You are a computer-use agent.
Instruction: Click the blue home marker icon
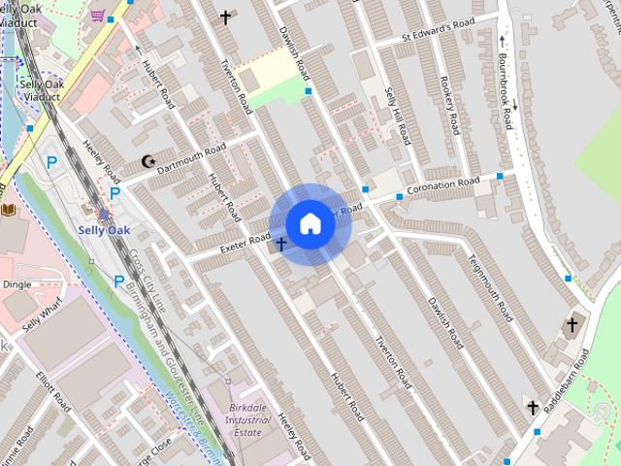tap(310, 224)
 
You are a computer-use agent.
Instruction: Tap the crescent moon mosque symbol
tap(147, 161)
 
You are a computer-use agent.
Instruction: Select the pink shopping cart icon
tap(97, 15)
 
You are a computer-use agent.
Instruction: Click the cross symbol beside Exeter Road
tap(281, 244)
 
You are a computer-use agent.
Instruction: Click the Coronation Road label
tap(442, 185)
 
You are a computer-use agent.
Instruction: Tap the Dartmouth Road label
tap(191, 156)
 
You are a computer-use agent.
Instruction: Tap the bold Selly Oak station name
tap(103, 230)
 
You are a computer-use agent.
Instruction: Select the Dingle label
tap(16, 284)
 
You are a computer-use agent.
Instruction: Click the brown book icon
tap(9, 210)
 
